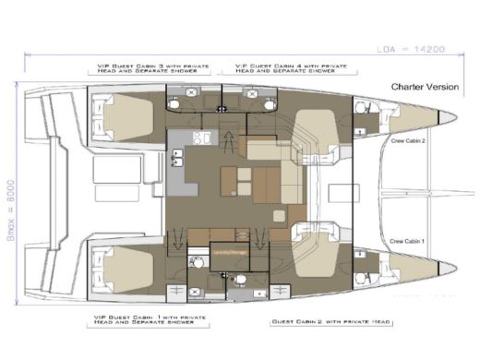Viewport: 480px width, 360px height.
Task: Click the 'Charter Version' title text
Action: point(420,86)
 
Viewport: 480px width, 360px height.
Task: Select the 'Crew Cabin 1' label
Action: point(406,239)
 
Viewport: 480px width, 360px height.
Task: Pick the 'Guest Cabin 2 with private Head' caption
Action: point(318,323)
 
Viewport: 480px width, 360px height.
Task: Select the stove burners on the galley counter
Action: point(206,139)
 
